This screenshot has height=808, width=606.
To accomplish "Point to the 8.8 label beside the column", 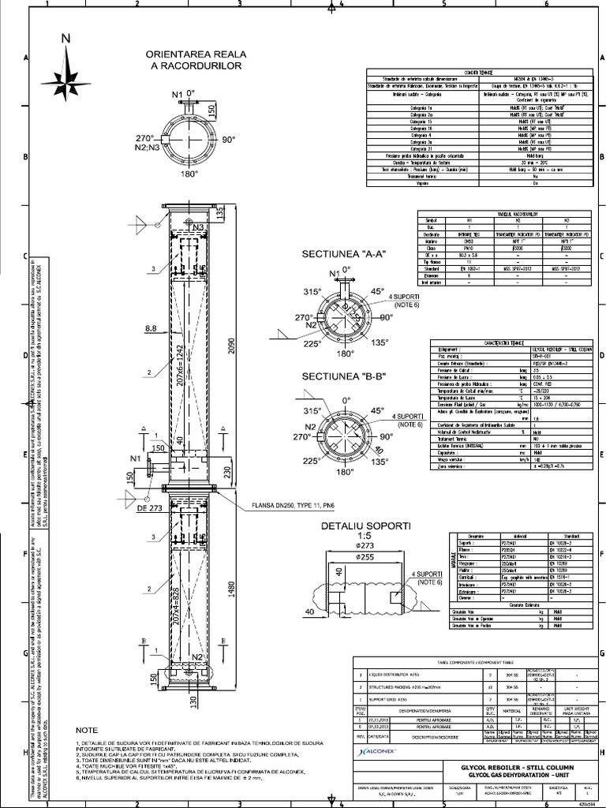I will [x=152, y=326].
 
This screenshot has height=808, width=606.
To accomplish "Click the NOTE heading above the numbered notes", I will [x=88, y=731].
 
